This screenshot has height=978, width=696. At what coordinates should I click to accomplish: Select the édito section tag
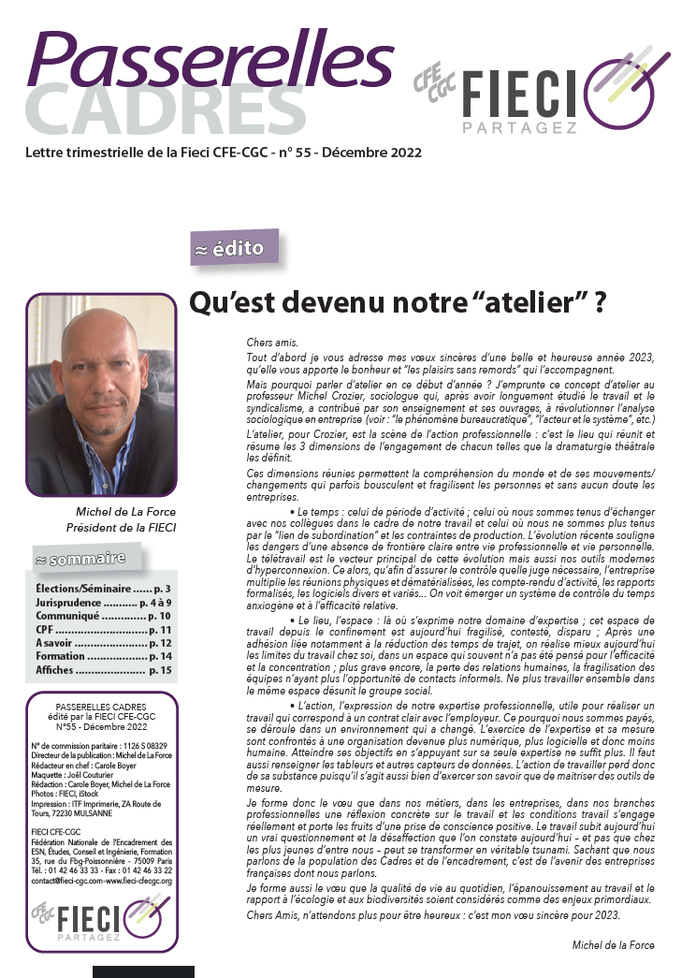click(x=234, y=249)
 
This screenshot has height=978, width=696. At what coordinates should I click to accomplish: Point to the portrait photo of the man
click(x=102, y=395)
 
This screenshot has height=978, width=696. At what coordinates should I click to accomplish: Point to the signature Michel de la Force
click(x=613, y=945)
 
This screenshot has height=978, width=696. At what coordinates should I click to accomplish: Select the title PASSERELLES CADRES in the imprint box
click(x=101, y=704)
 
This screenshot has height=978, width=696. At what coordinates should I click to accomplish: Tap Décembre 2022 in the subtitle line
click(x=385, y=153)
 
